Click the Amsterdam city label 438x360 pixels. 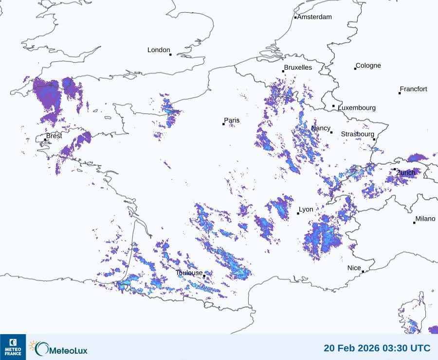coord(314,17)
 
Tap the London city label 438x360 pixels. coord(159,50)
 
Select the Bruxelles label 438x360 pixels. coord(298,68)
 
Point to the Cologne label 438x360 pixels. coord(368,66)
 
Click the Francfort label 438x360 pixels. coord(413,89)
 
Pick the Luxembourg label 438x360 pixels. coord(357,108)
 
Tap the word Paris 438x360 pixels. coord(232,120)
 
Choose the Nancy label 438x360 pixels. coord(321,128)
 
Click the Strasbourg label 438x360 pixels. coord(357,134)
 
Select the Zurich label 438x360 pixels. coord(406,172)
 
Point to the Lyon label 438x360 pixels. coord(306,209)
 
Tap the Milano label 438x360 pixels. coord(425,219)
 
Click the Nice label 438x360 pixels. coord(354,268)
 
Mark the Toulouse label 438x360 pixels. coord(189,273)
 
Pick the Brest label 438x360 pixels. coord(54,136)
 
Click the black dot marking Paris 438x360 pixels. coord(223,124)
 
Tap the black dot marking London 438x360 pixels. coord(170,55)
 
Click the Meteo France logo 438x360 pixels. coord(13,347)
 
